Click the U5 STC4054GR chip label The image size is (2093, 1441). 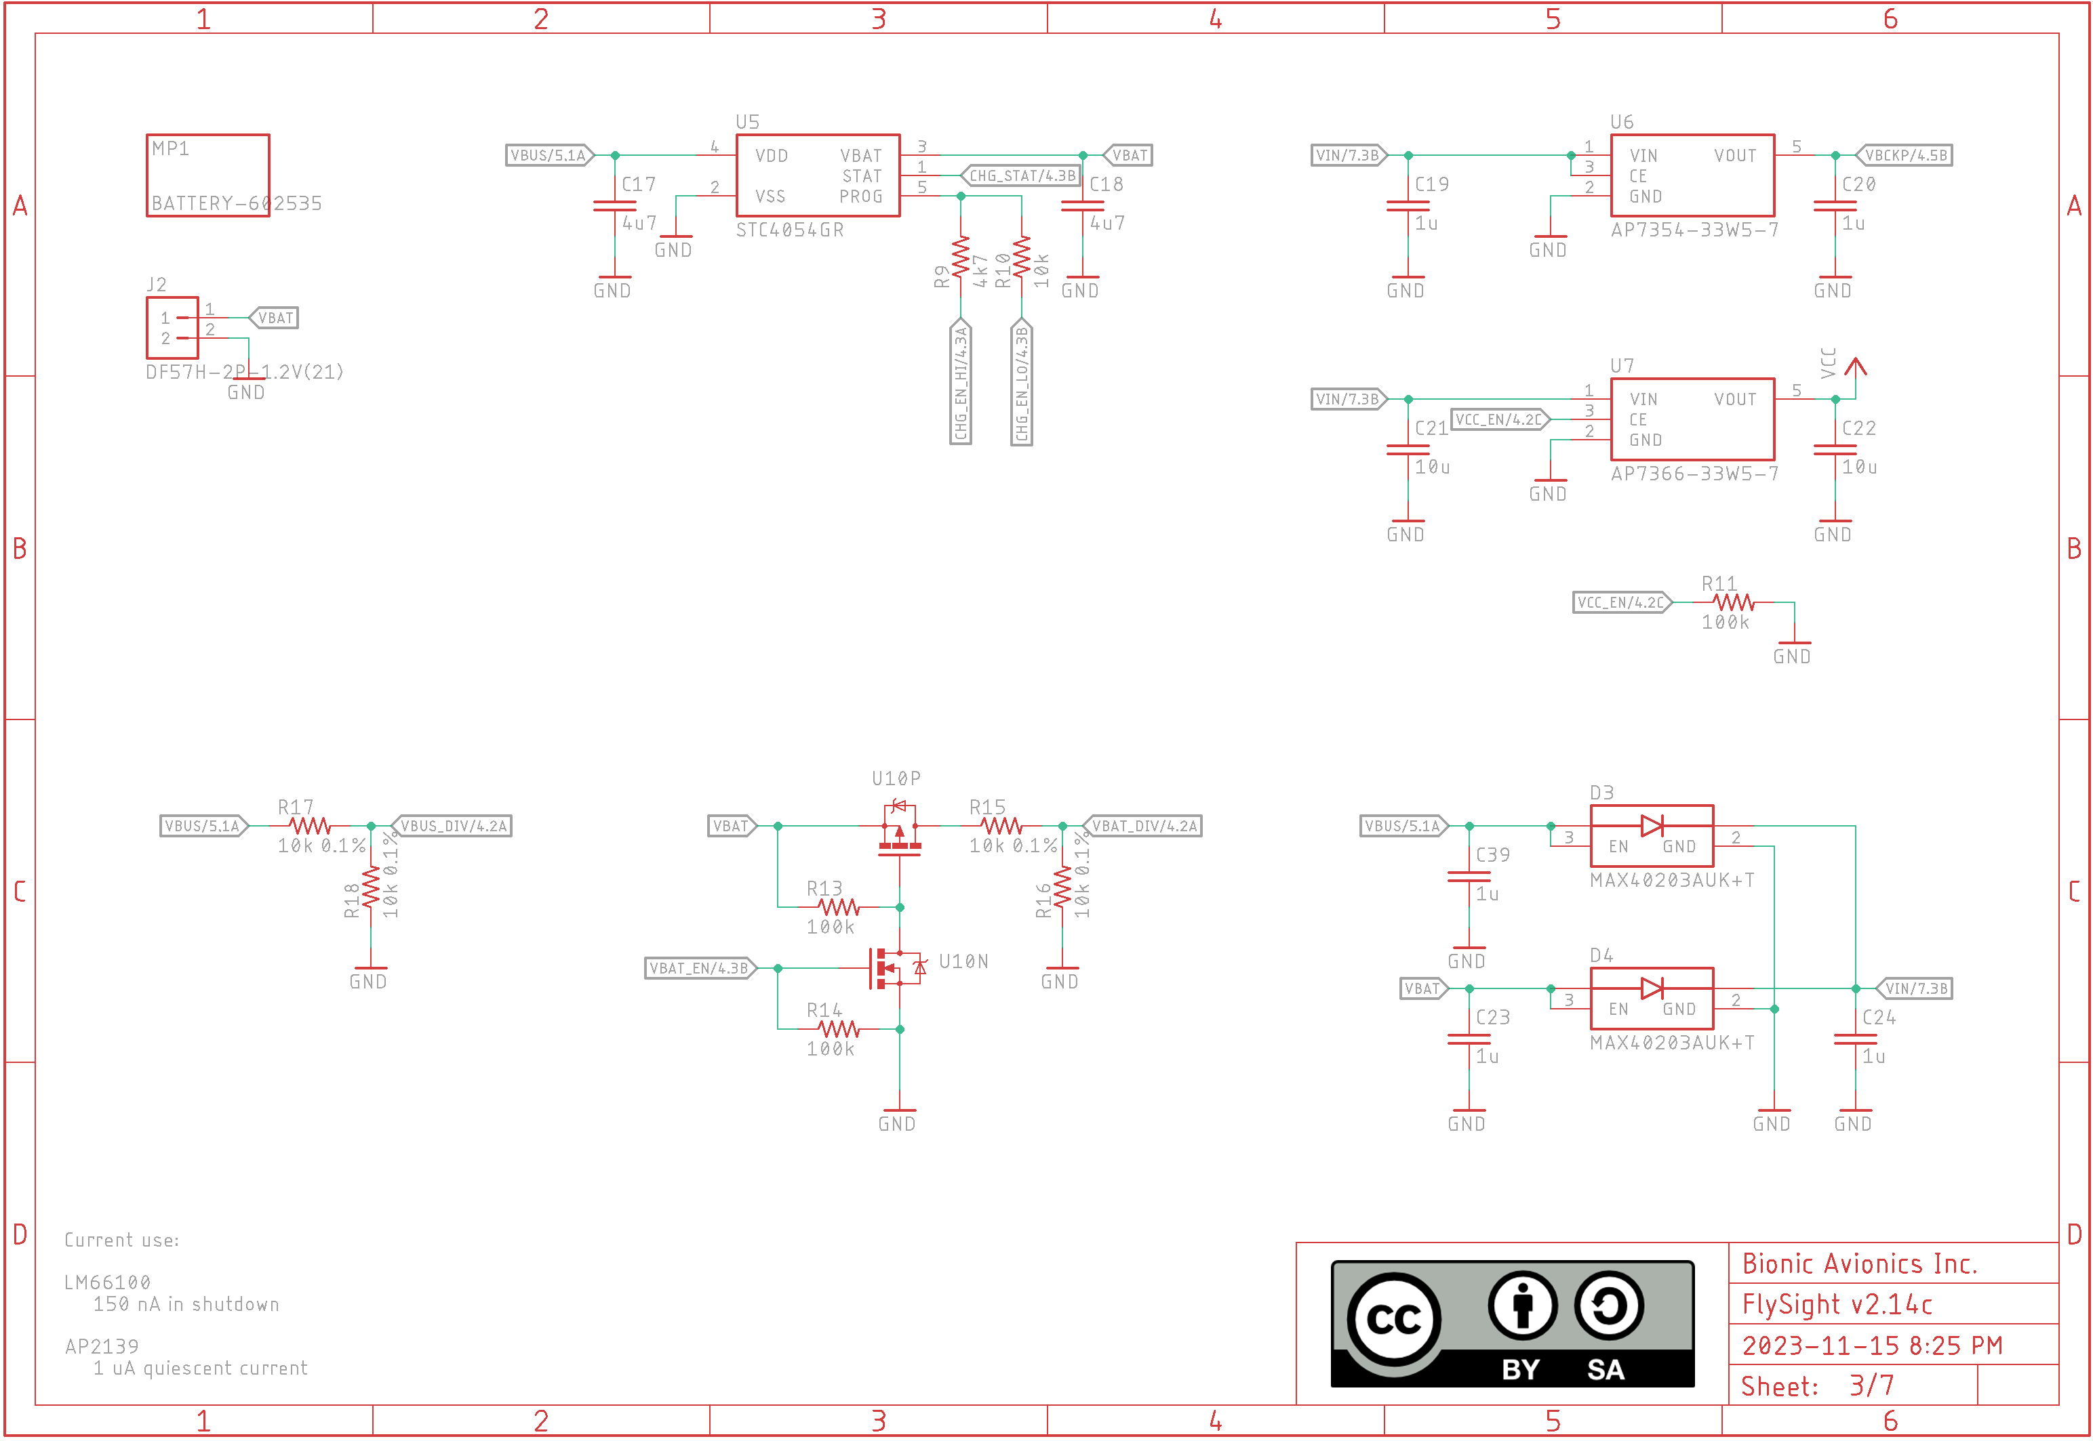click(789, 230)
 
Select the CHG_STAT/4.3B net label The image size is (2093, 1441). click(1021, 175)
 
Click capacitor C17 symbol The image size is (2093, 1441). click(614, 207)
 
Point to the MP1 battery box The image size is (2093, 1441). click(207, 175)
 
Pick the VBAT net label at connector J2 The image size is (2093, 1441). click(274, 318)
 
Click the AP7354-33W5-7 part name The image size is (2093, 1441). click(1694, 230)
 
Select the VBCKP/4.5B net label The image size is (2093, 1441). click(1905, 155)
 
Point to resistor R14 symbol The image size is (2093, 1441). click(838, 1029)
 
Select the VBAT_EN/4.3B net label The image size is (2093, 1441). click(699, 969)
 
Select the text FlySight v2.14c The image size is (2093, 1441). click(1837, 1305)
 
